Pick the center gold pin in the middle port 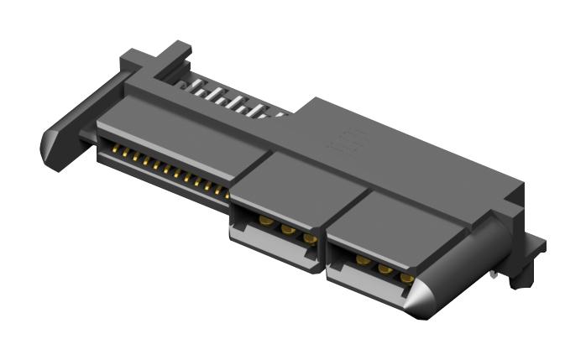click(x=287, y=229)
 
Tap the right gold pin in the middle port click(x=309, y=238)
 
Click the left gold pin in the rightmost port click(x=363, y=260)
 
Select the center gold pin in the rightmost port click(x=385, y=269)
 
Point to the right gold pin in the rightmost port click(x=407, y=277)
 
